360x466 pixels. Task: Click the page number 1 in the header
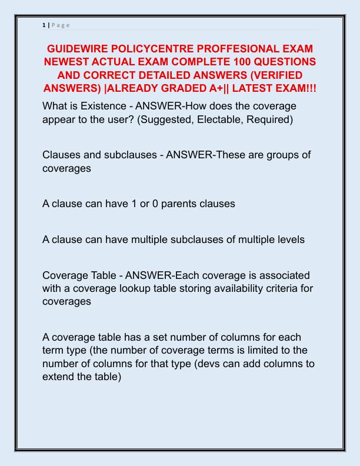tap(44, 25)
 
